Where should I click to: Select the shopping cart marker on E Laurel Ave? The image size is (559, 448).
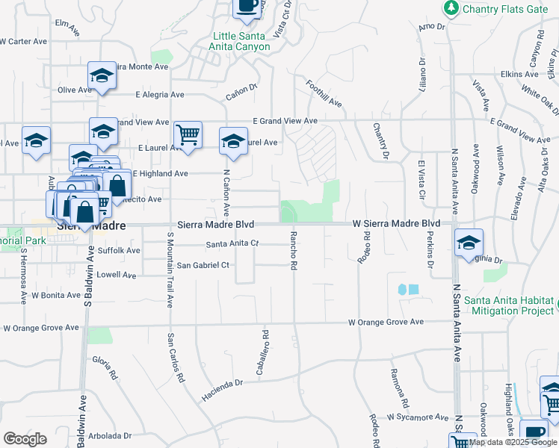click(188, 135)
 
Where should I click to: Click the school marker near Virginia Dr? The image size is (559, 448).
click(469, 243)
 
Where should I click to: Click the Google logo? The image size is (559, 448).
click(25, 438)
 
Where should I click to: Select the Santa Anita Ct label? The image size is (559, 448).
click(232, 244)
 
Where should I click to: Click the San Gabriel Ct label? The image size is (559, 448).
click(203, 265)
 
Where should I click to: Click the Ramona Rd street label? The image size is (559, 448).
click(397, 383)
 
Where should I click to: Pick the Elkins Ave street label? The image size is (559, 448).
click(521, 75)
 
